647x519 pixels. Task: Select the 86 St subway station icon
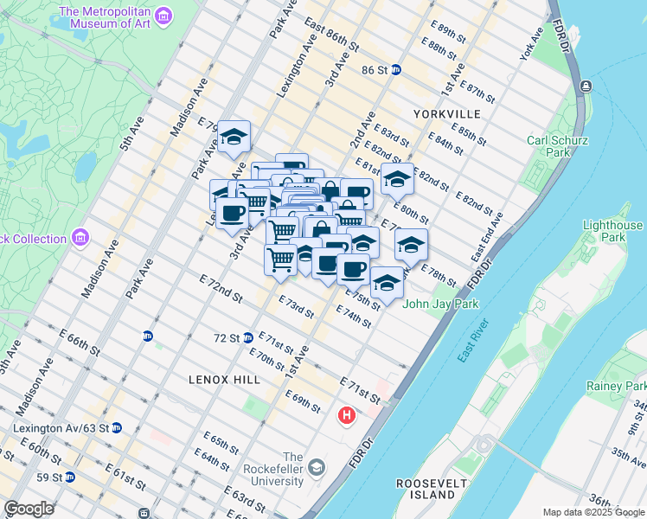click(x=395, y=70)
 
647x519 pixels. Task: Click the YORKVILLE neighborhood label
click(x=446, y=114)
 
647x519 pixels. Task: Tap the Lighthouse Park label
click(x=612, y=231)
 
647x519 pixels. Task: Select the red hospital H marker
click(x=347, y=416)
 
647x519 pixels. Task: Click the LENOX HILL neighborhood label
click(x=218, y=379)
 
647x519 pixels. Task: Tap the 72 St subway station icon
click(x=248, y=337)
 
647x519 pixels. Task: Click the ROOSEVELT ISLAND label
click(x=432, y=489)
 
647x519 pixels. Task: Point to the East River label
click(x=473, y=341)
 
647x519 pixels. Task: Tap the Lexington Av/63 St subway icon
click(x=117, y=427)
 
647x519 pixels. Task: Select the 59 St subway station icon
click(x=68, y=477)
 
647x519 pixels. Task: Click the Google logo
click(x=29, y=509)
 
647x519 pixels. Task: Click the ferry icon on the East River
click(x=586, y=86)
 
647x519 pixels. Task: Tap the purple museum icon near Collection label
click(x=80, y=236)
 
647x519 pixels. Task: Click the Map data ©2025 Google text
click(x=593, y=512)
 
